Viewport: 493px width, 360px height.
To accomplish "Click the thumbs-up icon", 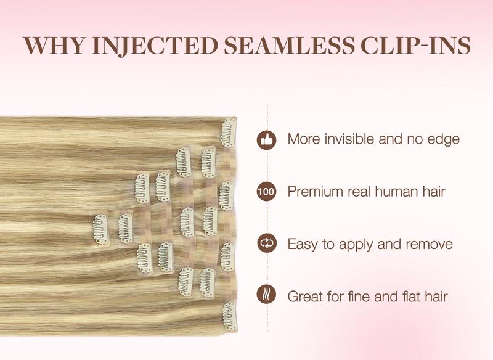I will (266, 139).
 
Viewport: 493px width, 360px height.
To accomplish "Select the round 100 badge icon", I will (266, 192).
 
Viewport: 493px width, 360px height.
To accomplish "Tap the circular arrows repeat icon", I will (266, 244).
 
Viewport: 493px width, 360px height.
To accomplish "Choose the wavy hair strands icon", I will (266, 297).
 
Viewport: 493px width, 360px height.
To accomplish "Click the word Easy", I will (303, 244).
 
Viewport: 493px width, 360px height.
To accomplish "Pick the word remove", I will (429, 244).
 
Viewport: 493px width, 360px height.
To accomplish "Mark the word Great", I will (307, 297).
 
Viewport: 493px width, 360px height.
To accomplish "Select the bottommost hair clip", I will (229, 315).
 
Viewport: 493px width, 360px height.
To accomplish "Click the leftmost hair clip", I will (99, 227).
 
